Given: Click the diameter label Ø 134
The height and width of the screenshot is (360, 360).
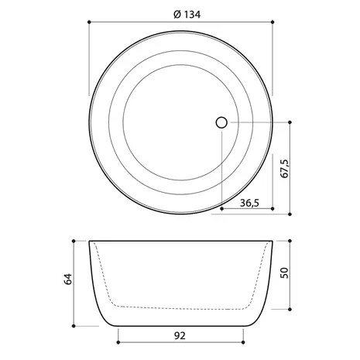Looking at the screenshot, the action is (187, 15).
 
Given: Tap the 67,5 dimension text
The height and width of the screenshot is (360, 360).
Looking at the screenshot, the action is (285, 169).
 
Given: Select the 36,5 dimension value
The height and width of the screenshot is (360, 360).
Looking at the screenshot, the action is (249, 203).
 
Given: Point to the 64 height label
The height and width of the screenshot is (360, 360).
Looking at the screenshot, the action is (68, 279).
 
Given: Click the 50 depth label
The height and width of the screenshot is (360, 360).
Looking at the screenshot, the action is (284, 273).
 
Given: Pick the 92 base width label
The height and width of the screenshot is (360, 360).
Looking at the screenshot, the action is (180, 336).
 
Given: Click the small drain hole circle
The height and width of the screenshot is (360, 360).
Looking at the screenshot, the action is (221, 122).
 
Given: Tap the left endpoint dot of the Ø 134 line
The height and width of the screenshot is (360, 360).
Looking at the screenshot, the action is (89, 22).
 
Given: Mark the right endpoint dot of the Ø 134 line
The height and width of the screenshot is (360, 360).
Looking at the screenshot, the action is (273, 22).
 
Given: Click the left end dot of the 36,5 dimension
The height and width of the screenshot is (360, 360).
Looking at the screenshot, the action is (222, 208).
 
